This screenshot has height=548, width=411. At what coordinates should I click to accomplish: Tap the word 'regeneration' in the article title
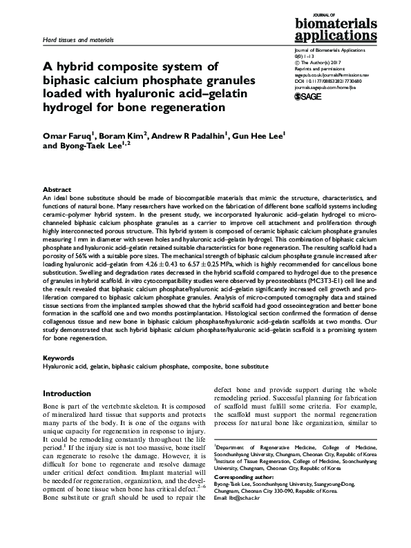coord(189,108)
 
